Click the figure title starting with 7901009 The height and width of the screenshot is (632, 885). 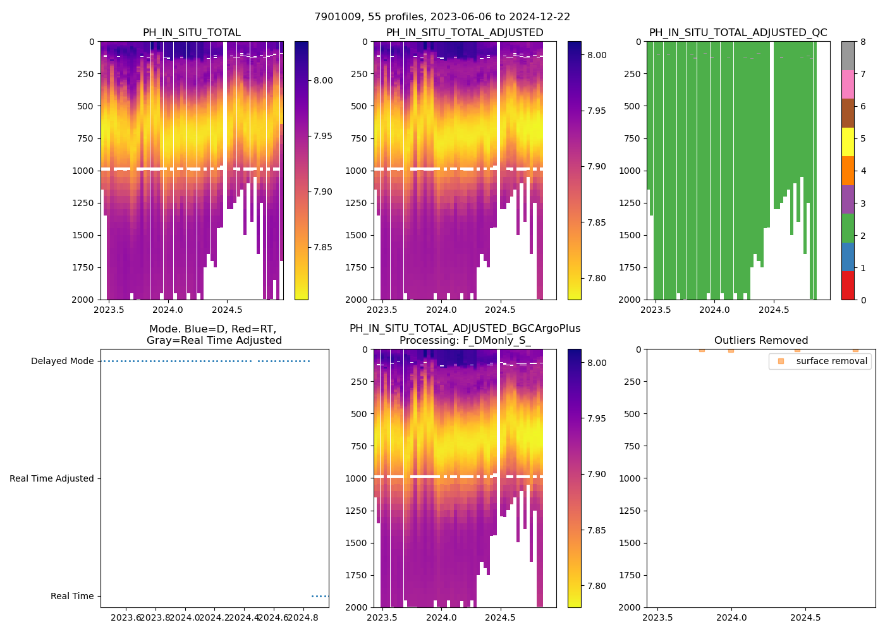(x=442, y=17)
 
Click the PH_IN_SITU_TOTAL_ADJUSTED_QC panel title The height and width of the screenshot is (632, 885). (x=738, y=33)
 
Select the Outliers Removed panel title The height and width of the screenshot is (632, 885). (x=760, y=341)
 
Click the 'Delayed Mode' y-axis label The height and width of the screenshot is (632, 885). (x=62, y=362)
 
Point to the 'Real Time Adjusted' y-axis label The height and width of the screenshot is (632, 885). (x=51, y=479)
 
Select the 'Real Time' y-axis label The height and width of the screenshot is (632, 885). (x=72, y=597)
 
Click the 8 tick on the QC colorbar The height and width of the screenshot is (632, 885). (x=863, y=42)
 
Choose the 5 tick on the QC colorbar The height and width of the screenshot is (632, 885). (x=863, y=139)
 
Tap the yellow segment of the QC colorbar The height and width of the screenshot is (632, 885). (x=848, y=142)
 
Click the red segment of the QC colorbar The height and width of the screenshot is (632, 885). (x=848, y=286)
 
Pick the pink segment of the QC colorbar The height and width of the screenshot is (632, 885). (x=848, y=85)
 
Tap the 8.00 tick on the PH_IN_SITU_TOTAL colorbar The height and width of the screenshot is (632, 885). (x=323, y=80)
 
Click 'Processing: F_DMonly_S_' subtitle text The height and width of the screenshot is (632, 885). (x=465, y=341)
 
